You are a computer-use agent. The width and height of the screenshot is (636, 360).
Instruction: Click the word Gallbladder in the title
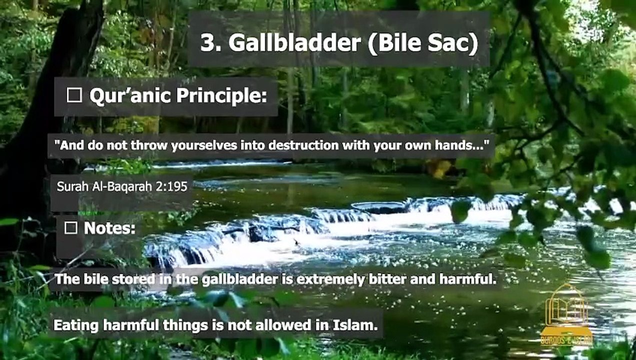coord(294,43)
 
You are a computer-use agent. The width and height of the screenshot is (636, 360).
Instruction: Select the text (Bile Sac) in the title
coord(423,43)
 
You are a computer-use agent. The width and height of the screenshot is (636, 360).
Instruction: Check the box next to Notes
coord(71,228)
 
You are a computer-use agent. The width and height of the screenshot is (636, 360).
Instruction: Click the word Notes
coord(110,228)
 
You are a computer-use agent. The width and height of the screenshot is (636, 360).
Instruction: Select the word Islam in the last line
coord(355,325)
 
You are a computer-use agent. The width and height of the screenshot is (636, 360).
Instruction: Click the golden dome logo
coord(566,315)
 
